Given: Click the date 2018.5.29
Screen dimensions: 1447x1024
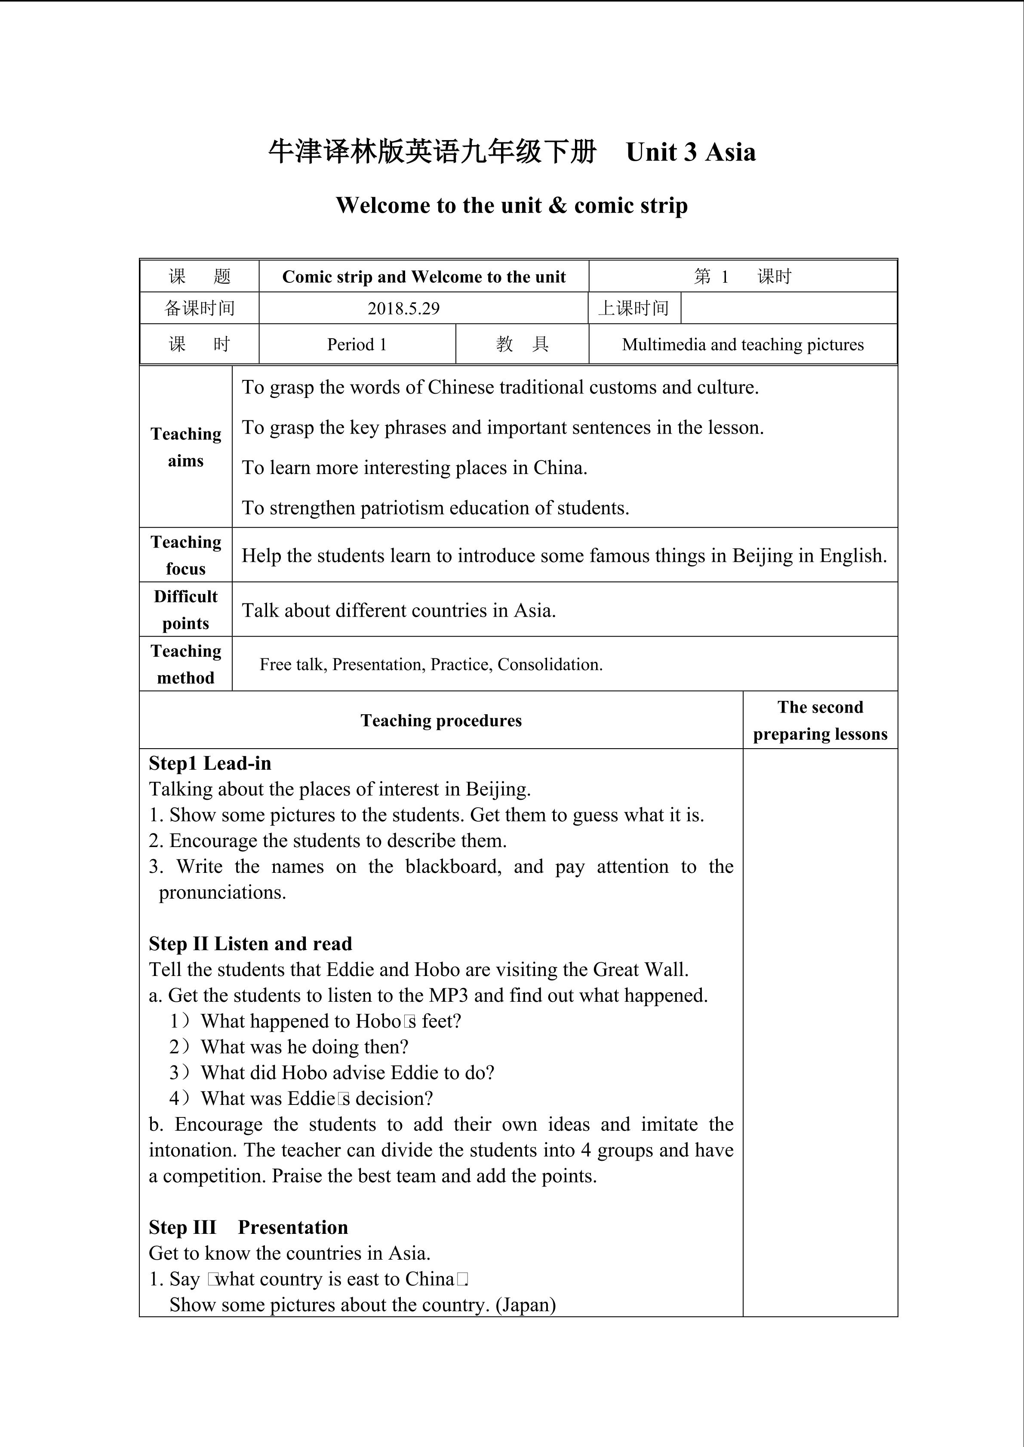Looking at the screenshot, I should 403,309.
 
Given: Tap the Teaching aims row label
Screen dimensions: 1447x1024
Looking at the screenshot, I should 186,447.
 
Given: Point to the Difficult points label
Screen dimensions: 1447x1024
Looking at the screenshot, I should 186,609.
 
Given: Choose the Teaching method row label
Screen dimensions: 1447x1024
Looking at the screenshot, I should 186,664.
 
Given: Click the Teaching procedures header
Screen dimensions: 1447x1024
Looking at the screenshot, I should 441,720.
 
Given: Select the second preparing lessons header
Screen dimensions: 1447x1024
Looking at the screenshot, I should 820,720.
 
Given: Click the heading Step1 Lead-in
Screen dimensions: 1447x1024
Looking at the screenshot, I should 210,763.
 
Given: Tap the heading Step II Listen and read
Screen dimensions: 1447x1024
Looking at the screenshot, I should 250,943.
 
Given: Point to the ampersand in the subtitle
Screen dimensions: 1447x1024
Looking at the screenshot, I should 557,205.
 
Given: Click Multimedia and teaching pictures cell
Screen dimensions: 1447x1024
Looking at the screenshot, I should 743,345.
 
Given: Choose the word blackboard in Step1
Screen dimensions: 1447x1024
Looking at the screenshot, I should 453,866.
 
